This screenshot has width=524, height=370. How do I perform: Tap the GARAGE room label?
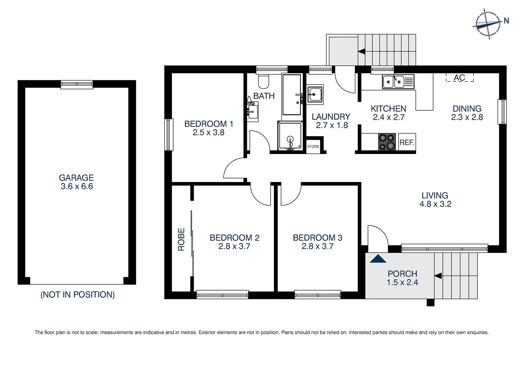pyautogui.click(x=76, y=177)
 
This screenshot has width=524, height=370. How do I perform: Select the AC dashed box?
pyautogui.click(x=460, y=77)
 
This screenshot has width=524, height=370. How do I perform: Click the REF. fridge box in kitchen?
pyautogui.click(x=407, y=142)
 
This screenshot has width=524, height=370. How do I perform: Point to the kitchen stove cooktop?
pyautogui.click(x=387, y=142)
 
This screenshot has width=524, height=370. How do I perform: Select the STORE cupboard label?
pyautogui.click(x=313, y=147)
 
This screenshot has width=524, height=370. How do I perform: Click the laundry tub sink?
pyautogui.click(x=315, y=94)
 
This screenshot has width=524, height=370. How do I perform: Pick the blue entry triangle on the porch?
pyautogui.click(x=378, y=259)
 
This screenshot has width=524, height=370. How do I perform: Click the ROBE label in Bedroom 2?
pyautogui.click(x=181, y=239)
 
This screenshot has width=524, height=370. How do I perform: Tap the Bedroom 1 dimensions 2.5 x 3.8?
pyautogui.click(x=209, y=133)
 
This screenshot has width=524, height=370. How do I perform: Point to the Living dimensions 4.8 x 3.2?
pyautogui.click(x=435, y=204)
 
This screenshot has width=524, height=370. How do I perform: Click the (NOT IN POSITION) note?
pyautogui.click(x=78, y=295)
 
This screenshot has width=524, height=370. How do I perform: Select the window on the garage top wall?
pyautogui.click(x=77, y=84)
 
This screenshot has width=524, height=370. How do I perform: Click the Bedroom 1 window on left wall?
pyautogui.click(x=169, y=135)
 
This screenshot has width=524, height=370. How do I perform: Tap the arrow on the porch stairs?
pyautogui.click(x=438, y=276)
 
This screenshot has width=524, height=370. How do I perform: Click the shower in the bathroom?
pyautogui.click(x=290, y=136)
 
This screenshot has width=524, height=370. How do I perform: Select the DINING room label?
pyautogui.click(x=467, y=109)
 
